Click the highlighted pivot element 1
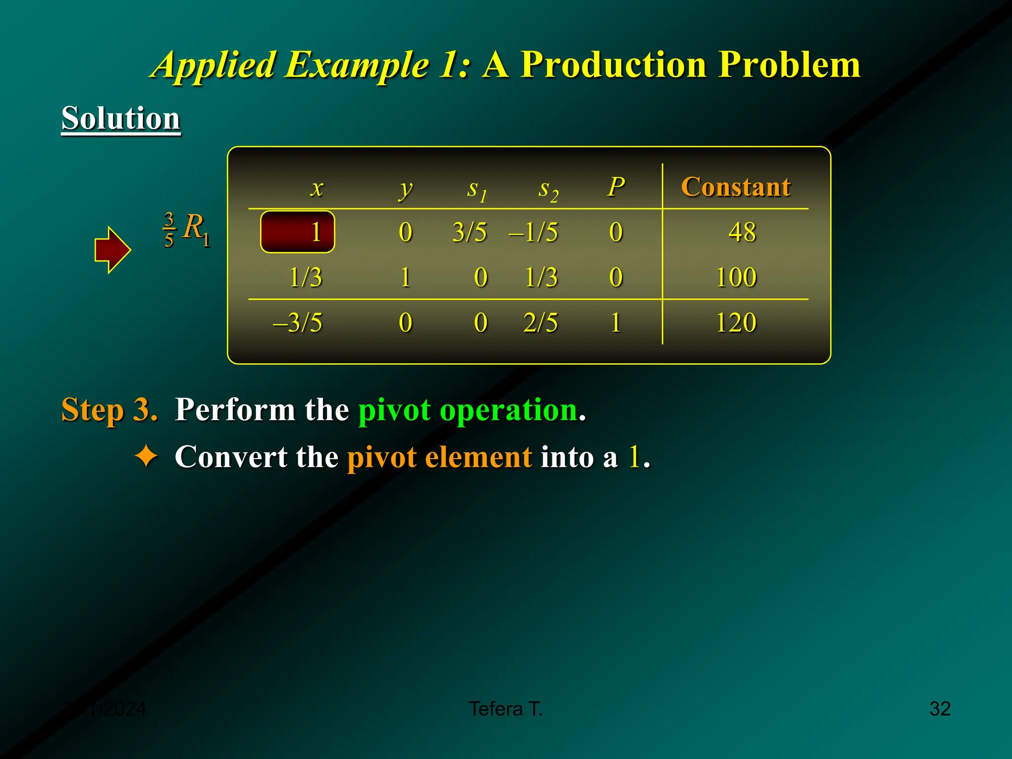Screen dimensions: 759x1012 tap(297, 232)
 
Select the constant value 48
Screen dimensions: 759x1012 tap(742, 232)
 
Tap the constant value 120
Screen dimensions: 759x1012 tap(736, 323)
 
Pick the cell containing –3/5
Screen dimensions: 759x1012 tap(297, 323)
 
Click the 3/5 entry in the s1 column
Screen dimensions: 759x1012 tap(469, 232)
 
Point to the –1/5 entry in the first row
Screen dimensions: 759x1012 tap(534, 232)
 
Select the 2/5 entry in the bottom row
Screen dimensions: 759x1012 tap(541, 323)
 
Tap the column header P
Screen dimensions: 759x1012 tap(616, 187)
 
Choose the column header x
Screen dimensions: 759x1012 tap(317, 188)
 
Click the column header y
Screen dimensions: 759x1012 tap(405, 189)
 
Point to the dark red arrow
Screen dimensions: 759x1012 tap(112, 250)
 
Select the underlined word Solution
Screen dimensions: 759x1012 tap(121, 119)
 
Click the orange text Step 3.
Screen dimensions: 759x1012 tap(109, 410)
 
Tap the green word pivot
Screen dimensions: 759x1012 tap(394, 410)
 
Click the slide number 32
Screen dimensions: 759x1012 tap(939, 709)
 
